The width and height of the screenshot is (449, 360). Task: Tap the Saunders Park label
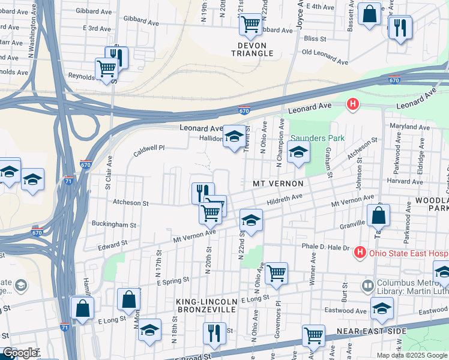[318, 138]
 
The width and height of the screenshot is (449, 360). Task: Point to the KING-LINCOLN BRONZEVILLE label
[207, 305]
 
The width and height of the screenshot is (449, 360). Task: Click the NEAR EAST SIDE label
[372, 331]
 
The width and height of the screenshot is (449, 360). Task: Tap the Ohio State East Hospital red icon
[360, 252]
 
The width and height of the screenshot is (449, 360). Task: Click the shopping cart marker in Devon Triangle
[250, 25]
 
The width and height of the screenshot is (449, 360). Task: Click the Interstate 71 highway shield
[70, 179]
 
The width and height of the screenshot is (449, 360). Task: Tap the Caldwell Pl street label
[149, 150]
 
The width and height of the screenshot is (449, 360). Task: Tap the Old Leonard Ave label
[325, 56]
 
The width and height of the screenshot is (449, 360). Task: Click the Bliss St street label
[315, 39]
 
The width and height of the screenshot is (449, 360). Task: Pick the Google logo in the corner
[20, 353]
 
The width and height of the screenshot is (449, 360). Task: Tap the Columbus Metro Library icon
[368, 284]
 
